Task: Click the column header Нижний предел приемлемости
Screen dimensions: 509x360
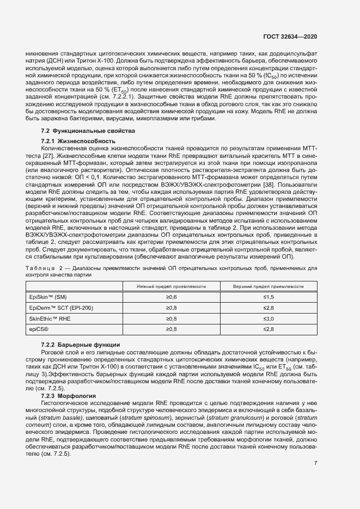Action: [x=171, y=286]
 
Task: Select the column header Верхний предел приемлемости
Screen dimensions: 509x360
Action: [x=268, y=286]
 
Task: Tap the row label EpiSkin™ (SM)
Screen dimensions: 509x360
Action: [x=48, y=297]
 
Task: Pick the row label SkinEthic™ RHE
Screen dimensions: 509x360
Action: [x=50, y=318]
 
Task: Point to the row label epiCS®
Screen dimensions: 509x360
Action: [x=39, y=329]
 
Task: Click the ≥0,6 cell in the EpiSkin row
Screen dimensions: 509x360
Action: [x=171, y=297]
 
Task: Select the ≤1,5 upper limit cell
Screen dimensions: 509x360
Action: [x=268, y=297]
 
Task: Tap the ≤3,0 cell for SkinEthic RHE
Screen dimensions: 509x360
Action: [x=268, y=318]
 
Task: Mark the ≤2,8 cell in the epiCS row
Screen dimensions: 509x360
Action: [x=268, y=329]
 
